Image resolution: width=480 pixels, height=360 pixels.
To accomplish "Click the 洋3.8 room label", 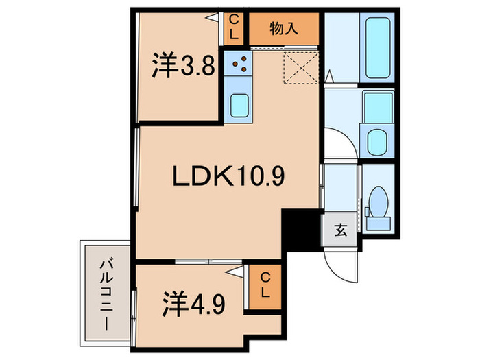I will pyautogui.click(x=184, y=67).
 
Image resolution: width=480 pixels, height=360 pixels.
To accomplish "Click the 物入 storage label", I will pyautogui.click(x=283, y=28).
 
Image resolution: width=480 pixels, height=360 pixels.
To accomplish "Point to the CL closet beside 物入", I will pyautogui.click(x=234, y=27).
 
